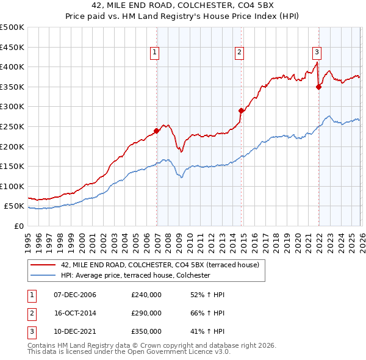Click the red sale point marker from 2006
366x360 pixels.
coord(157,130)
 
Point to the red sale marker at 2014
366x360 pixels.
coord(242,110)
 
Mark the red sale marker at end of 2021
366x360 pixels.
coord(318,87)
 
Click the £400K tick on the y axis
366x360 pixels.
coord(13,67)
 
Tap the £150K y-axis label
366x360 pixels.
coord(13,167)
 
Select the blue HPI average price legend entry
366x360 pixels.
coord(135,276)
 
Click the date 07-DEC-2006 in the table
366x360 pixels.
coord(75,295)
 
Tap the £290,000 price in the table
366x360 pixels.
coord(146,313)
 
